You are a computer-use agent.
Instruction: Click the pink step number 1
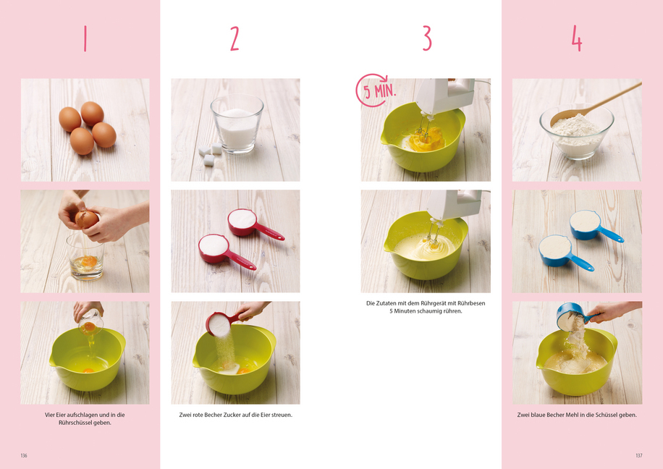point(85,38)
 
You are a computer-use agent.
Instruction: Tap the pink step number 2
point(235,38)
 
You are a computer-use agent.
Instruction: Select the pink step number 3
point(427,38)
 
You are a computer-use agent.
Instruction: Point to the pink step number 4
point(577,38)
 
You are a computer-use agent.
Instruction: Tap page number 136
point(24,455)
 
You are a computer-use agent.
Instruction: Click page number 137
point(639,455)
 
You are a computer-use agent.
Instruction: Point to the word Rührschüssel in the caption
point(75,423)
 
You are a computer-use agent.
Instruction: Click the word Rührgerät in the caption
point(443,303)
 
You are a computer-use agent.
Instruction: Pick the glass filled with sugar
point(237,124)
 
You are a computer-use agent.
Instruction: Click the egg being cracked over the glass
point(87,219)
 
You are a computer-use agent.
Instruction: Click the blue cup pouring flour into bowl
point(573,316)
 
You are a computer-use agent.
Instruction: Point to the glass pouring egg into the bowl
point(90,324)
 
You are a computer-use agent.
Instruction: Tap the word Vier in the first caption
point(50,415)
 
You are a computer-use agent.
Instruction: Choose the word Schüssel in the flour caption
point(608,415)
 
